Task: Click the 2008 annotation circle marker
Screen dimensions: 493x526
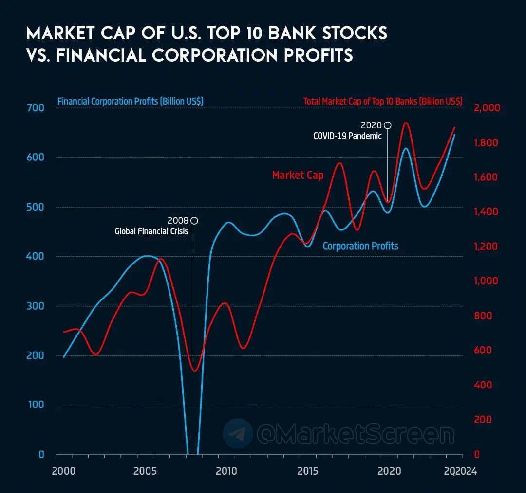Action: pos(194,221)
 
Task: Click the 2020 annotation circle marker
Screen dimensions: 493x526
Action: pos(387,125)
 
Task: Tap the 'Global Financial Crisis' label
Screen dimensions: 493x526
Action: pos(151,231)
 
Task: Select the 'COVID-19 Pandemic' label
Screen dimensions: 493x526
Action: pos(347,136)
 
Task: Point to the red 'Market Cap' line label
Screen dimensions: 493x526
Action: pos(298,175)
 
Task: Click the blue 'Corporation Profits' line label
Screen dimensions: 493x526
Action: pos(360,246)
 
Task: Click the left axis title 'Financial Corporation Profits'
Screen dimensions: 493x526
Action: pos(131,102)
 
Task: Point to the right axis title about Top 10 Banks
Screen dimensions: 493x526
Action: pos(383,102)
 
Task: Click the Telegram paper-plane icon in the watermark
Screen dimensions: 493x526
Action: pos(238,433)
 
